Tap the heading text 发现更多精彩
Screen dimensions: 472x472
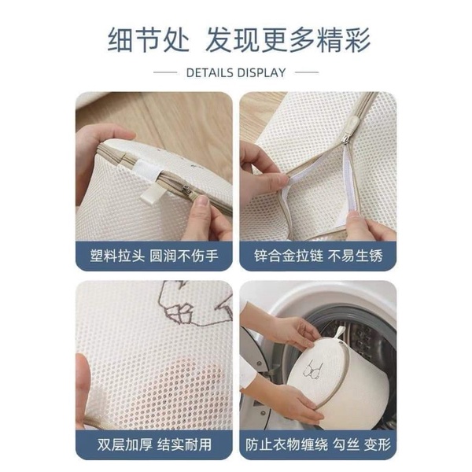click(288, 39)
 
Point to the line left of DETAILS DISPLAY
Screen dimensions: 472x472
click(165, 73)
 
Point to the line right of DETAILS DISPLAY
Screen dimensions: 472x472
click(306, 73)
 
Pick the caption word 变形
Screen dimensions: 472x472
click(375, 444)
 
